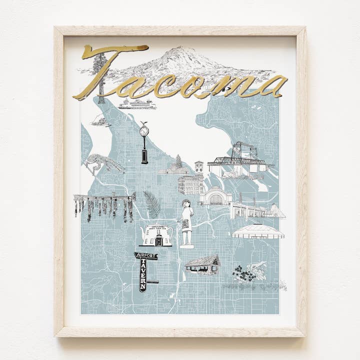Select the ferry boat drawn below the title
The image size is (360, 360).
pos(136,104)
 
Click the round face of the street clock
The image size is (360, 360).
pos(144,131)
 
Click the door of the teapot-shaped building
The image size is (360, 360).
pos(158,241)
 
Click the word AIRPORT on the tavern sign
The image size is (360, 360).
pos(145,256)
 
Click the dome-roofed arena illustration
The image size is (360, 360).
pos(257,231)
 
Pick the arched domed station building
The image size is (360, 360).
pos(216,196)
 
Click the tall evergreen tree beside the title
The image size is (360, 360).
pos(100,75)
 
